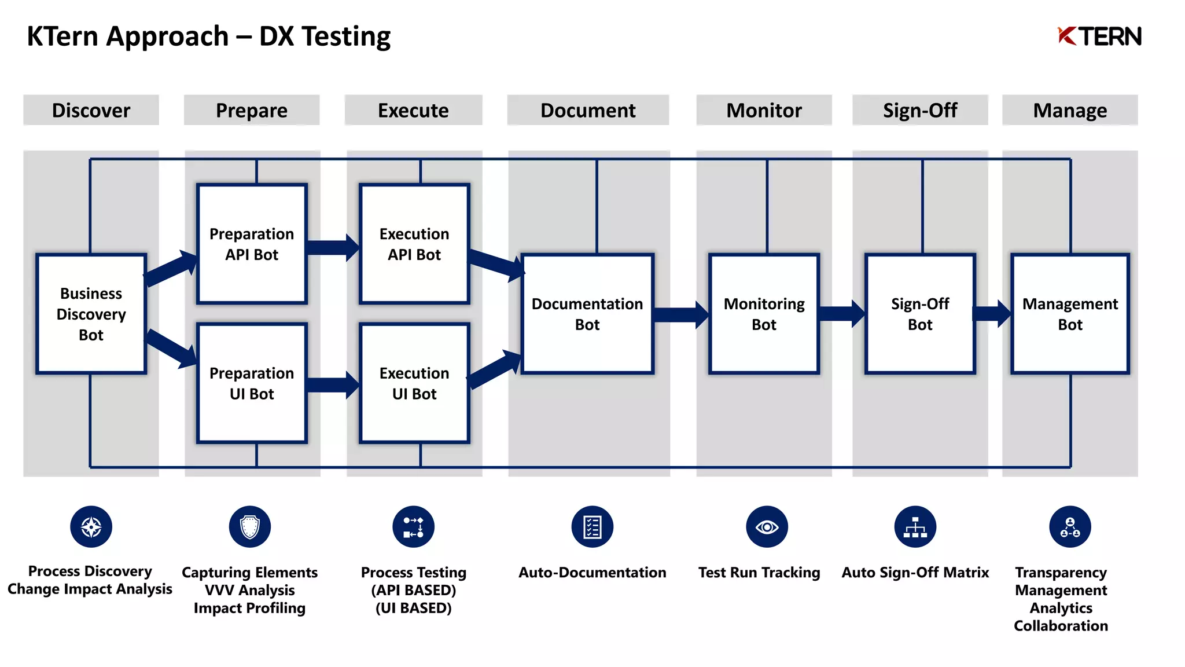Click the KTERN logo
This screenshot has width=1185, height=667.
coord(1099,36)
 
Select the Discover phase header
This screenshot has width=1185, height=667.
coord(91,110)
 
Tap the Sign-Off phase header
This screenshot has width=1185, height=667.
coord(919,110)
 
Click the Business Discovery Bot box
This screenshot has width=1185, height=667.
coord(91,314)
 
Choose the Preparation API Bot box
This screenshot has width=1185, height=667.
coord(252,244)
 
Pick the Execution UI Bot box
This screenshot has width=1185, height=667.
coord(414,383)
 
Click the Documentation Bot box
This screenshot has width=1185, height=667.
coord(587,314)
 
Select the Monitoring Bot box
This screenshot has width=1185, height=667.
coord(764,314)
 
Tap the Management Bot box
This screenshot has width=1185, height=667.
coord(1070,314)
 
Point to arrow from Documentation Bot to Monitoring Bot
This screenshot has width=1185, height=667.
coord(680,314)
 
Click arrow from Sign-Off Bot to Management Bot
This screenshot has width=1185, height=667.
coord(992,314)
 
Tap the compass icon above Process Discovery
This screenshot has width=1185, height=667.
coord(91,527)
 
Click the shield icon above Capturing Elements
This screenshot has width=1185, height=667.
coord(249,527)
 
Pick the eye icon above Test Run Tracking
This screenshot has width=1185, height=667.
coord(767,527)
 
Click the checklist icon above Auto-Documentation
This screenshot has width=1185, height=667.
coord(592,527)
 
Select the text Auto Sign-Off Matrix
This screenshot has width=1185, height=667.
coord(915,573)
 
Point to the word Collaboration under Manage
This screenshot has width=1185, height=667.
coord(1061,626)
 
